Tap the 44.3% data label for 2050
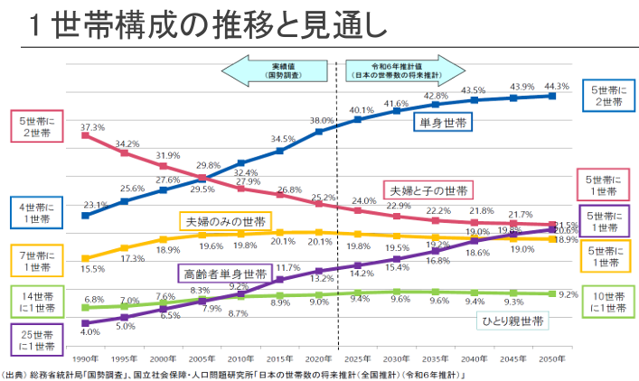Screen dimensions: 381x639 (x=557, y=87)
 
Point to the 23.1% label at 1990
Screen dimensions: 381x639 (x=96, y=205)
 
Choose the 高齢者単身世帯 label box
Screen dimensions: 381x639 (x=221, y=273)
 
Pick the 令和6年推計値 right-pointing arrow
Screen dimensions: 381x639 (x=403, y=71)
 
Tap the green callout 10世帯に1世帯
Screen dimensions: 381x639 (x=606, y=302)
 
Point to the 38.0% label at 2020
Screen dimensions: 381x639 (x=322, y=120)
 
